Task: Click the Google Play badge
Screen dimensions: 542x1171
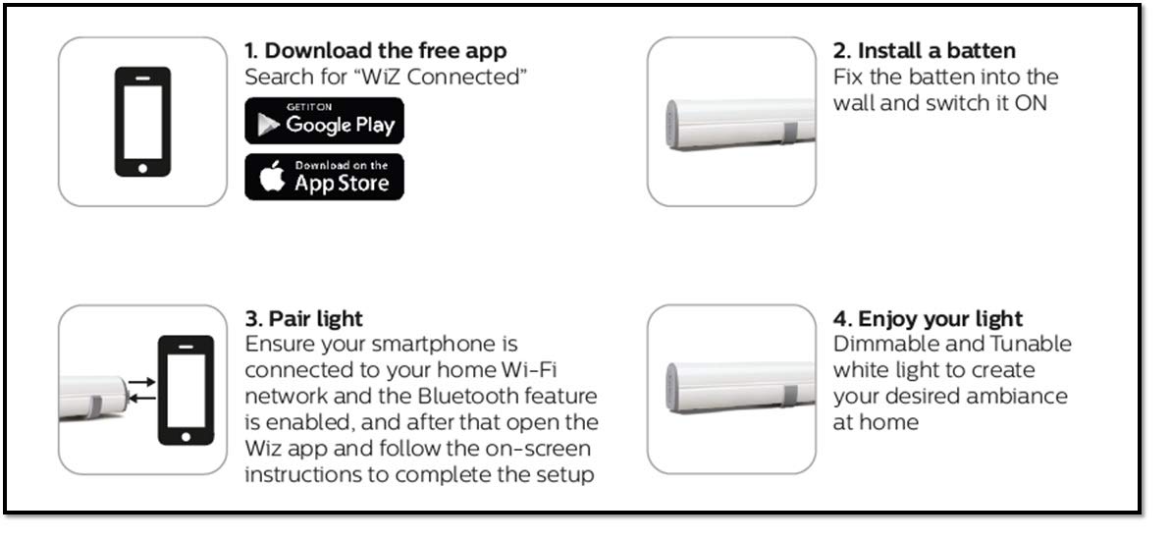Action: click(x=324, y=121)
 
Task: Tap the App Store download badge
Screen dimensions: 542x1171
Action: click(x=324, y=177)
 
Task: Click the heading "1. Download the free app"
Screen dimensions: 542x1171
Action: click(x=376, y=51)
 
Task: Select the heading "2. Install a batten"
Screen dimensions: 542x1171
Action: click(x=924, y=51)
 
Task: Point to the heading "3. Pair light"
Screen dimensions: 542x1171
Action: click(x=303, y=319)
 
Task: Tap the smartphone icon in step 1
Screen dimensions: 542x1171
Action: click(x=142, y=122)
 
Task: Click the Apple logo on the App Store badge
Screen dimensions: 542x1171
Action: click(x=273, y=178)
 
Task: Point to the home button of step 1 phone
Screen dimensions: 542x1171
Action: click(x=142, y=167)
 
